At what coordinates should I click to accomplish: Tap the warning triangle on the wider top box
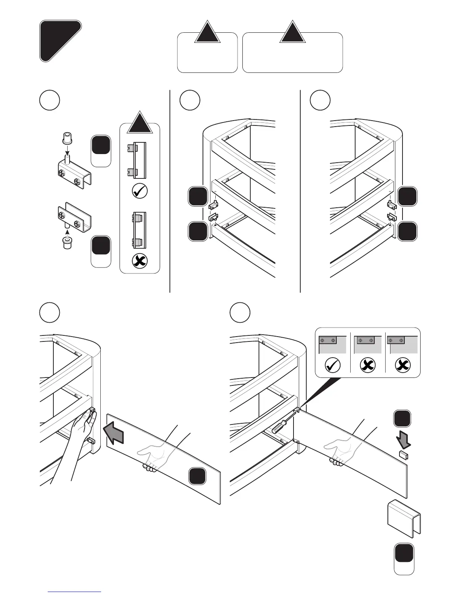[293, 33]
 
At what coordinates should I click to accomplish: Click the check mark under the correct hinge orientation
[140, 191]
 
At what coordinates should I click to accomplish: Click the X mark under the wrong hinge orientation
[140, 261]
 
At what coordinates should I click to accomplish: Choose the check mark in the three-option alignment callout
[333, 365]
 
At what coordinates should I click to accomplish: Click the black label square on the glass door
[197, 476]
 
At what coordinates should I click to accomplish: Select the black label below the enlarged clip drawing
[404, 553]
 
